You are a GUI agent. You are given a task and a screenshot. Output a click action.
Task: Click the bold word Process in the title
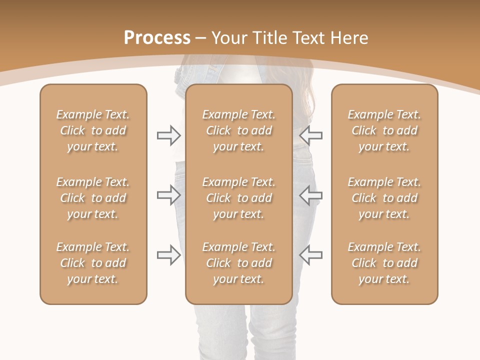[157, 37]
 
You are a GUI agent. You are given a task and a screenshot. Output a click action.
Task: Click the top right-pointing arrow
[168, 135]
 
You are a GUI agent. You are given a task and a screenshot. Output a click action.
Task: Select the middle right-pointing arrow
[168, 195]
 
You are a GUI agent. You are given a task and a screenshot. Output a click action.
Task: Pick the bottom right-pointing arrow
[168, 255]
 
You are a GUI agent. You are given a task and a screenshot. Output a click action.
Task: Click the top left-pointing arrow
[311, 135]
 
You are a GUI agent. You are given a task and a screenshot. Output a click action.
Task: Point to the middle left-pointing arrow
[311, 195]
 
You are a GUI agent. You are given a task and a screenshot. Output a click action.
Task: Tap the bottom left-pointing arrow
[311, 255]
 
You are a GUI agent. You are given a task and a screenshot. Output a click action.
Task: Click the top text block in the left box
[93, 130]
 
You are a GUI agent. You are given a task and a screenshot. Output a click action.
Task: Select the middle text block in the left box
[93, 198]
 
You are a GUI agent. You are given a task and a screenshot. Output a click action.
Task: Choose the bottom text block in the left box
[93, 263]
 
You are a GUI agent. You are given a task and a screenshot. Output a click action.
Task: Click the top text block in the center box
[239, 130]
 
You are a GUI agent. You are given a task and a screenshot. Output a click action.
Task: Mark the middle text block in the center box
[239, 198]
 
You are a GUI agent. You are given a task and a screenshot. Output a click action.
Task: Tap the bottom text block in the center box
[239, 263]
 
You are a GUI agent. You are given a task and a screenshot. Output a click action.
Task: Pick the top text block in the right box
[384, 130]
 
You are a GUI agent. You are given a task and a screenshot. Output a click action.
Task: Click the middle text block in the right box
[384, 198]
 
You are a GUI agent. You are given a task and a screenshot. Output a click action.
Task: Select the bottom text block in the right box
[384, 263]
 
